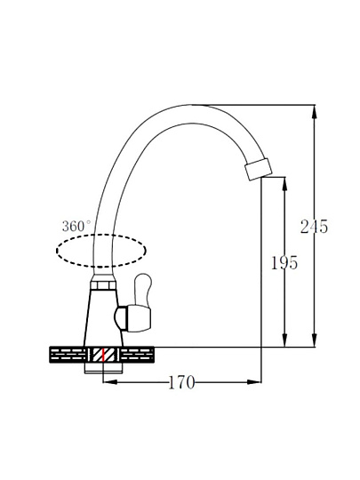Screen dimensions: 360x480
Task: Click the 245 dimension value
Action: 314,227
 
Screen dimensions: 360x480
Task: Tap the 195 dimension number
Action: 284,262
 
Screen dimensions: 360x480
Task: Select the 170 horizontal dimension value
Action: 181,382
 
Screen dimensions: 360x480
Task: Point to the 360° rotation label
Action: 76,227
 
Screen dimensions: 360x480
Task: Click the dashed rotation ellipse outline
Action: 101,235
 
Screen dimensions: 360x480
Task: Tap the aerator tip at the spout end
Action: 258,169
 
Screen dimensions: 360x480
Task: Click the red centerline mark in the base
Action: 103,356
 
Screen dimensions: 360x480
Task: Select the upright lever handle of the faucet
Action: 143,289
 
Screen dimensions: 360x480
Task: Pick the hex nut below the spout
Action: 103,285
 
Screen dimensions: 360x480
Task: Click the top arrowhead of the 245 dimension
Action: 315,112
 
